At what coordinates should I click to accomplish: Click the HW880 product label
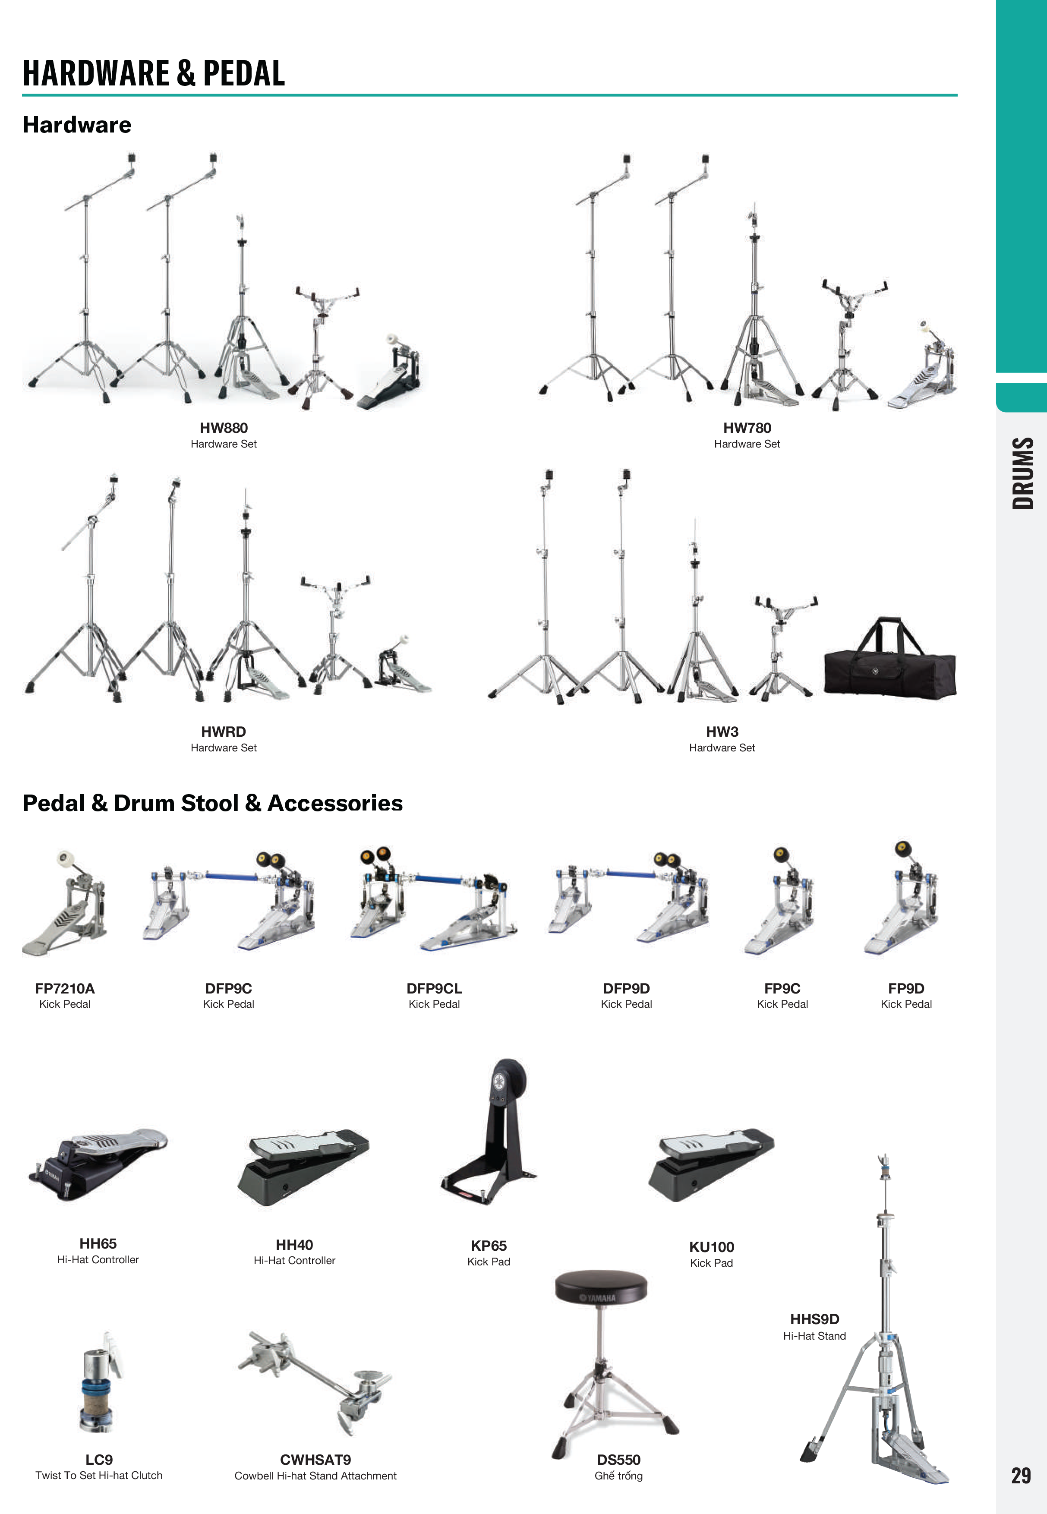(x=224, y=428)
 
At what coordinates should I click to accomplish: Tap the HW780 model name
(x=747, y=428)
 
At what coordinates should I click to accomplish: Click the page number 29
(x=1021, y=1475)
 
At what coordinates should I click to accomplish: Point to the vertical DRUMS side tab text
(x=1023, y=473)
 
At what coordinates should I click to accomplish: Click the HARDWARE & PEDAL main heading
(x=154, y=73)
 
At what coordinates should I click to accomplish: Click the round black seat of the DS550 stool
(x=601, y=1288)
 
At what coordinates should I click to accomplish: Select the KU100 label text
(x=712, y=1247)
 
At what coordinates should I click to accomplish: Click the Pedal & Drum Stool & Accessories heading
(x=212, y=803)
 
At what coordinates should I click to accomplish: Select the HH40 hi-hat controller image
(x=303, y=1167)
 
